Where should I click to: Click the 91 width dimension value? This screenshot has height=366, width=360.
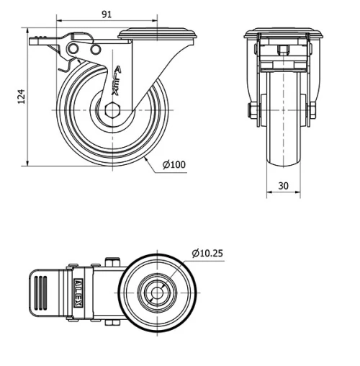point(106,13)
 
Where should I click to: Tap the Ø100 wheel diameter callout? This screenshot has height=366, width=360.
point(174,165)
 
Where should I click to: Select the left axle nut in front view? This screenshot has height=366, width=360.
point(252,110)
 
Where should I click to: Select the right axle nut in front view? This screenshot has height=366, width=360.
point(312,110)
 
